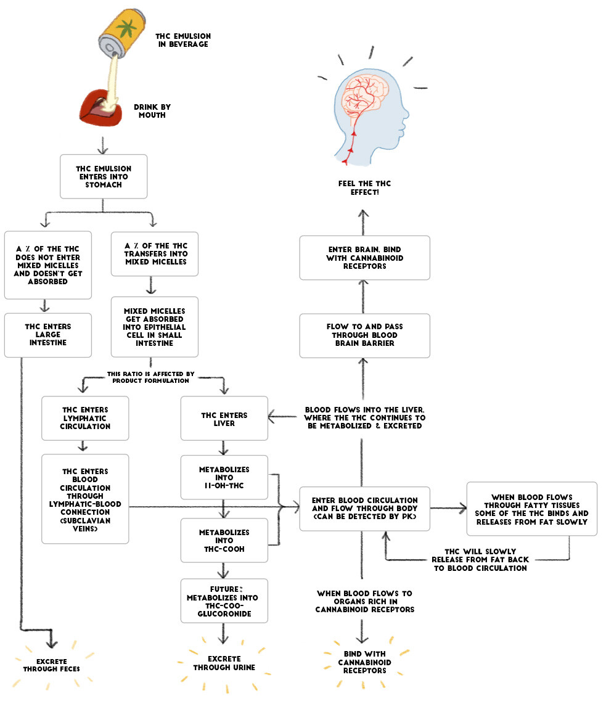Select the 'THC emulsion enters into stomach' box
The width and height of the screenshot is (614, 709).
pos(104,176)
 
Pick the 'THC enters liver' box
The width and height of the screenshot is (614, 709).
pos(224,418)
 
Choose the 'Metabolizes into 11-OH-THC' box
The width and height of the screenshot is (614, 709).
pos(224,477)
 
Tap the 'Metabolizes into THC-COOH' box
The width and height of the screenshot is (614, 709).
pos(224,540)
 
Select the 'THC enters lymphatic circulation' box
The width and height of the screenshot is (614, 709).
pos(85,418)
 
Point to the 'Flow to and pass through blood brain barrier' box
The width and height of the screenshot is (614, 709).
pos(364,335)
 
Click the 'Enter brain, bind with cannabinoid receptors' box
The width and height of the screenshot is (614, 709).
pos(364,257)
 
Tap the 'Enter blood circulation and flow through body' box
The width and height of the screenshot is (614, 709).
pos(364,508)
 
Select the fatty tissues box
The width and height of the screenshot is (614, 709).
pos(531,509)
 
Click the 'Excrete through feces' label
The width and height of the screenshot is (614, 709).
pos(52,664)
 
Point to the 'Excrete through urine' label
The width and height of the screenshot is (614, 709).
pos(224,663)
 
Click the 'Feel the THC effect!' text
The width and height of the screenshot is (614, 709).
pos(364,187)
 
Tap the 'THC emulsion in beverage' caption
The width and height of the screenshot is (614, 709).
pos(182,40)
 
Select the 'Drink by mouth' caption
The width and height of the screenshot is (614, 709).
pos(152,110)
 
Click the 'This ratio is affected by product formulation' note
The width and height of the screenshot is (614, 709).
pos(150,377)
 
